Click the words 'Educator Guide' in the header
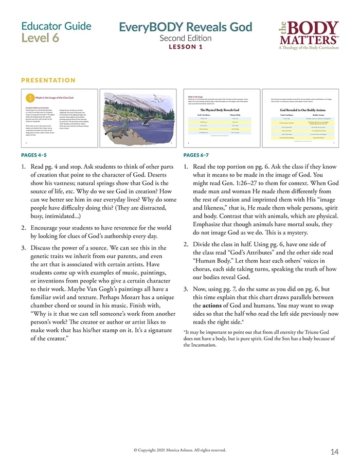pos(57,26)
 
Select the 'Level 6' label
pos(40,38)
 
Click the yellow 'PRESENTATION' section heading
pos(48,80)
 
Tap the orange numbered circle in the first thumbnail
pos(30,97)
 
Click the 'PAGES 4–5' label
pos(34,154)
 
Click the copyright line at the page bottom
pos(180,450)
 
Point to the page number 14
pos(335,452)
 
